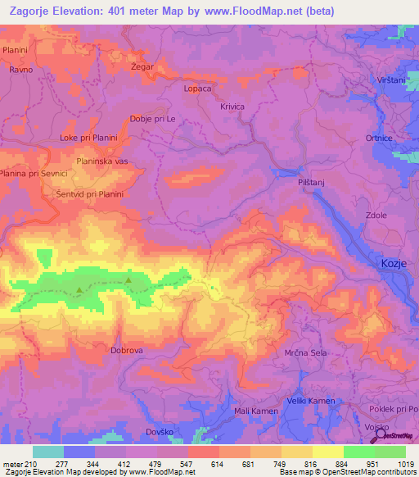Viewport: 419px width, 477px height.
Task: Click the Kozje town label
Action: pyautogui.click(x=394, y=263)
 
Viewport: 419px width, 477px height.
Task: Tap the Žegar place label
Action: pyautogui.click(x=142, y=66)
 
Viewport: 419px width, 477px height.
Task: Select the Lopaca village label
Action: pyautogui.click(x=198, y=88)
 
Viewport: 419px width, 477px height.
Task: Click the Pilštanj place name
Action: pyautogui.click(x=313, y=185)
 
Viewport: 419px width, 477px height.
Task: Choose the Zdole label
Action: pyautogui.click(x=376, y=216)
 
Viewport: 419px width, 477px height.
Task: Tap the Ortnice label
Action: pyautogui.click(x=379, y=139)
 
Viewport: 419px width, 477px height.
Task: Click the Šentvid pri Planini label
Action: pyautogui.click(x=90, y=194)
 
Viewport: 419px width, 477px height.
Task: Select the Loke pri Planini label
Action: pyautogui.click(x=90, y=138)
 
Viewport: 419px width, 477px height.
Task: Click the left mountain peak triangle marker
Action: pyautogui.click(x=79, y=289)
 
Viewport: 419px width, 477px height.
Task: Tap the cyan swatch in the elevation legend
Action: pyautogui.click(x=48, y=452)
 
